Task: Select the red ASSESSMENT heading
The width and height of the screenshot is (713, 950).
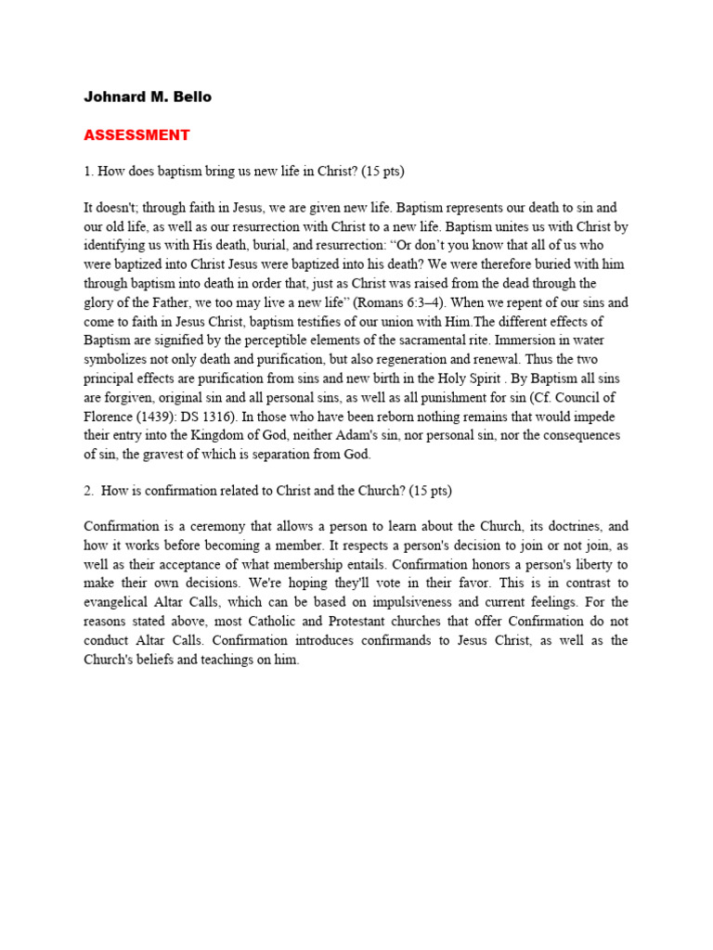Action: (136, 135)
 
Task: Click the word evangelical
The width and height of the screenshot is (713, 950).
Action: (121, 602)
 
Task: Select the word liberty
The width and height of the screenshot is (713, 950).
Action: (589, 564)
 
